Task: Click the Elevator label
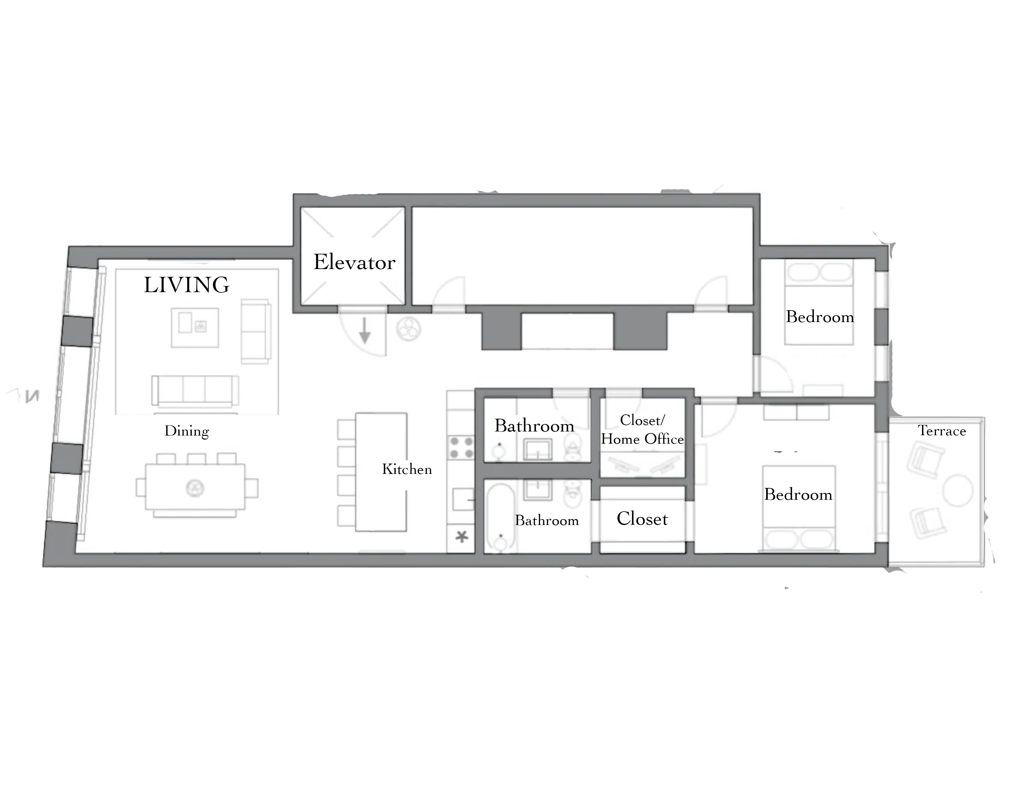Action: click(354, 262)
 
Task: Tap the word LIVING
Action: click(186, 285)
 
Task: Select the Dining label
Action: click(186, 431)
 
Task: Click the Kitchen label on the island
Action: click(407, 469)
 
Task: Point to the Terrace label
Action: click(941, 431)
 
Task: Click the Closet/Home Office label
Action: click(642, 430)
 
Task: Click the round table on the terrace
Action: click(957, 491)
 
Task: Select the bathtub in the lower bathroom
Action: click(500, 518)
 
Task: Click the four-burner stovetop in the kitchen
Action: click(461, 447)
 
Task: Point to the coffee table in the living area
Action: click(195, 327)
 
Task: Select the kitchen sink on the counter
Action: click(463, 499)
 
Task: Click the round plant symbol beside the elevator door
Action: click(408, 329)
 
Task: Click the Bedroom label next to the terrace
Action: click(798, 494)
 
